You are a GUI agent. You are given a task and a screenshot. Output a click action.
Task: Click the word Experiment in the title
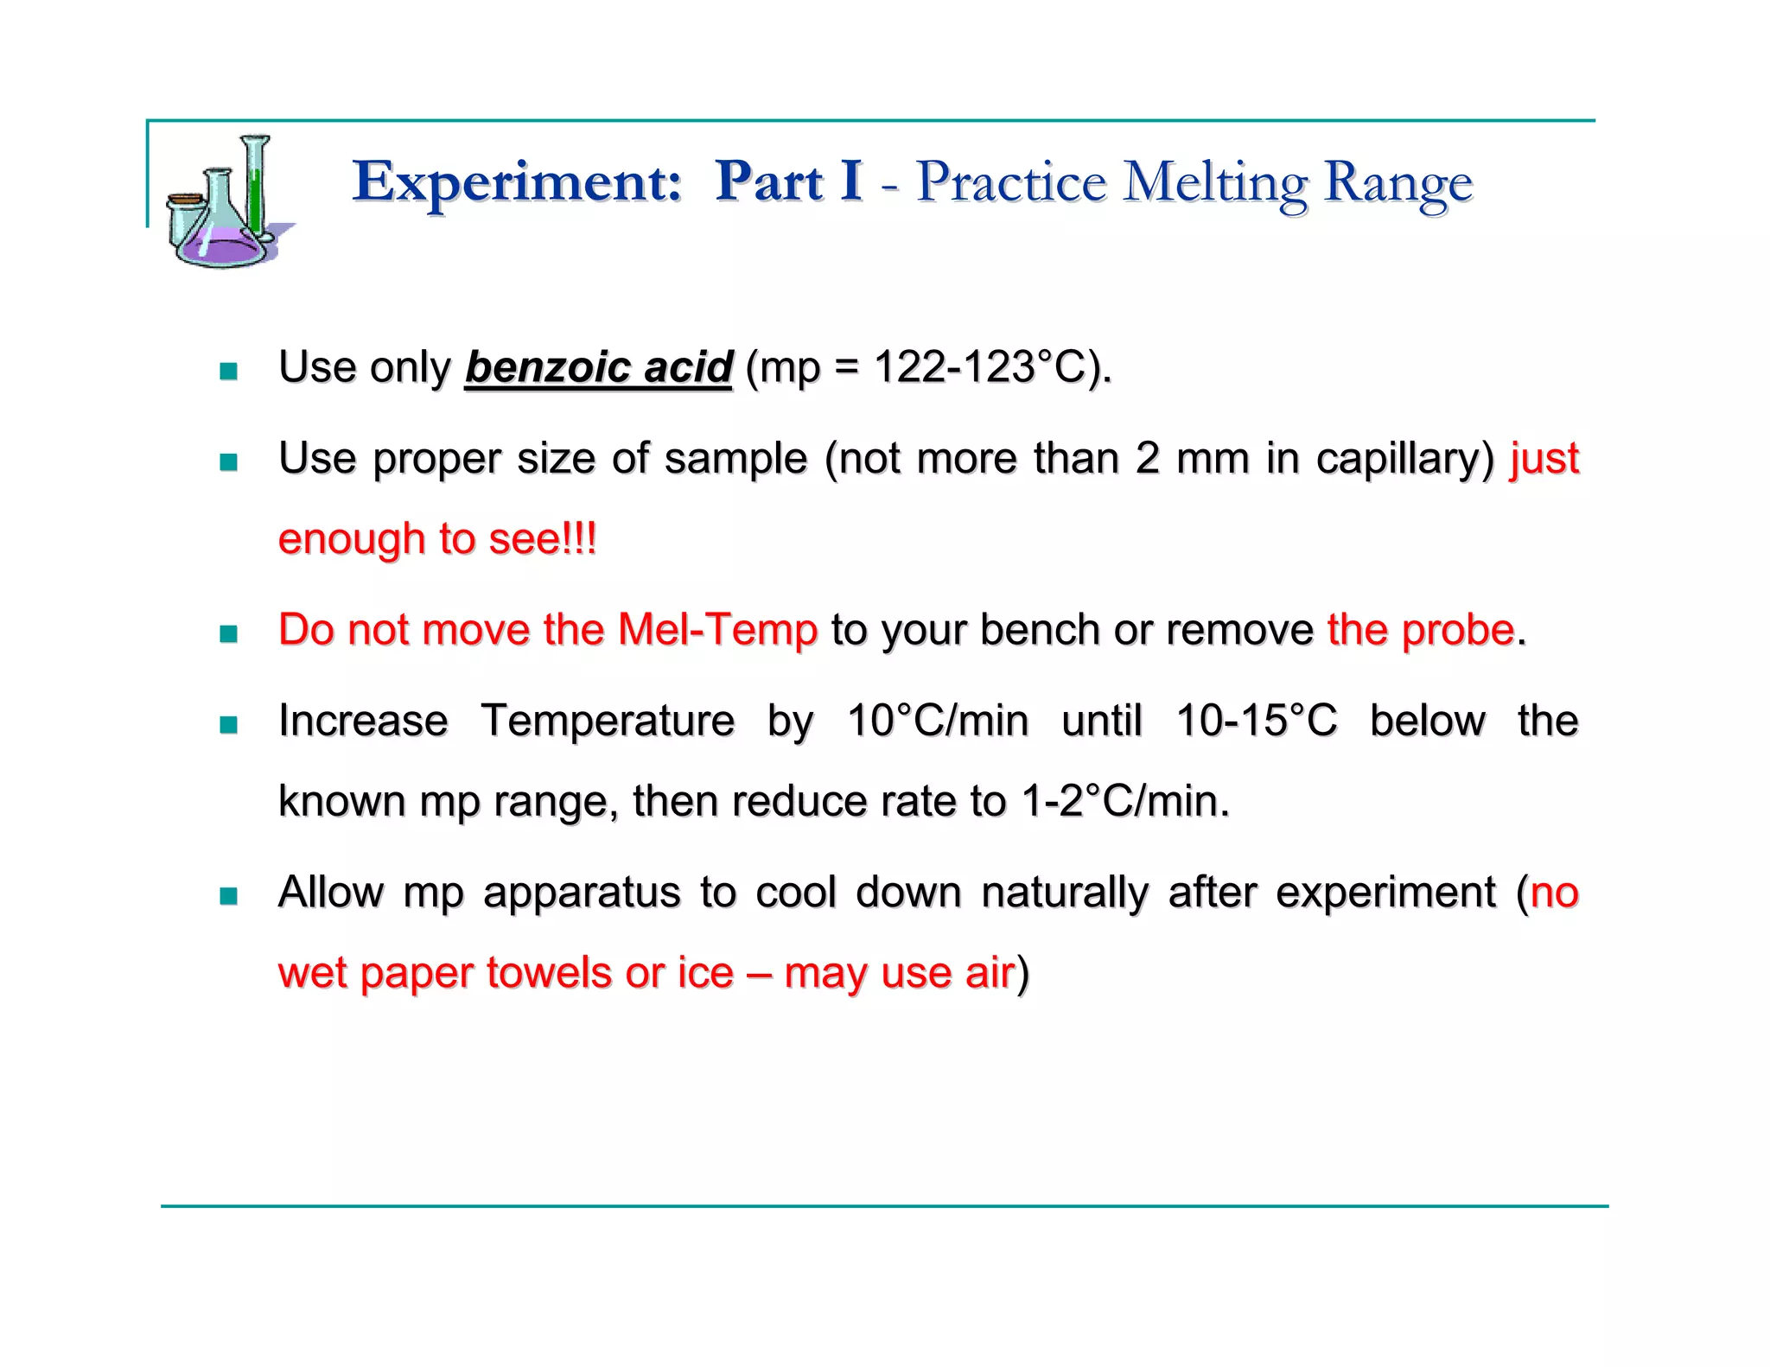coord(516,182)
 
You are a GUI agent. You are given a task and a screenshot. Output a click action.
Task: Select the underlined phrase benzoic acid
coord(598,367)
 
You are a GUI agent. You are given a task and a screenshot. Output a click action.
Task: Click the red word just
coord(1544,459)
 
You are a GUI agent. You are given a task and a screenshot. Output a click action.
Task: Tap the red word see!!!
coord(542,539)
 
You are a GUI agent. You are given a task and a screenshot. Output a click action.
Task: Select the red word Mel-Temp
coord(717,630)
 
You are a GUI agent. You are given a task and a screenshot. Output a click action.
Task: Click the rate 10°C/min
coord(937,721)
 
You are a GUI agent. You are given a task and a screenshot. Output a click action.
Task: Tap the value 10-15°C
coord(1256,721)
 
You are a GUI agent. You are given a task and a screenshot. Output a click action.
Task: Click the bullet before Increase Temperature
coord(228,724)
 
